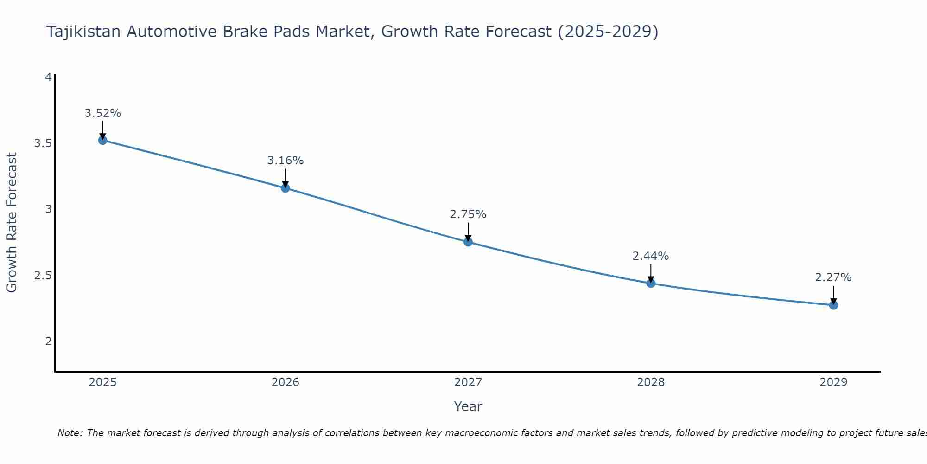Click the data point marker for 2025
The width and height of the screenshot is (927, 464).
point(103,140)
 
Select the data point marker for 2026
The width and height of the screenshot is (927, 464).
point(286,188)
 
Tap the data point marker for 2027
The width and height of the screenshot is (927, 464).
point(468,242)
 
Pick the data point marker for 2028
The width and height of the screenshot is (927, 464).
point(651,283)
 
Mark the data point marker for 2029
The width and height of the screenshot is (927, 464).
point(833,305)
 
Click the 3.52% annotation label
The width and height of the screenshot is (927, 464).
point(103,113)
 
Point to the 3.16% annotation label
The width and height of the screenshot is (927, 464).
point(286,161)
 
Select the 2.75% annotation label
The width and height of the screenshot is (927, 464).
point(468,214)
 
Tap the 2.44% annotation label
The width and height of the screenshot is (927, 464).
point(651,256)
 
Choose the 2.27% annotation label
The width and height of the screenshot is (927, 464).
point(833,277)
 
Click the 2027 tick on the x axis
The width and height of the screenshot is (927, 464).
point(468,382)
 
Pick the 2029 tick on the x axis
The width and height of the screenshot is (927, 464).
point(833,382)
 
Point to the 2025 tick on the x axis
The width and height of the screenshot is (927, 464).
point(103,382)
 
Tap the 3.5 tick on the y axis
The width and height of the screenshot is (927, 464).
point(43,143)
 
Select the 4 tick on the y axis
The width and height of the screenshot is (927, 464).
point(48,77)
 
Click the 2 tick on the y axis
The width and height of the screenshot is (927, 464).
point(48,342)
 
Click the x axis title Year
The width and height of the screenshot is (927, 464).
point(468,406)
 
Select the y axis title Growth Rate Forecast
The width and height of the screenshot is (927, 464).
point(12,223)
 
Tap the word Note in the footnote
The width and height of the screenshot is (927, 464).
point(70,433)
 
